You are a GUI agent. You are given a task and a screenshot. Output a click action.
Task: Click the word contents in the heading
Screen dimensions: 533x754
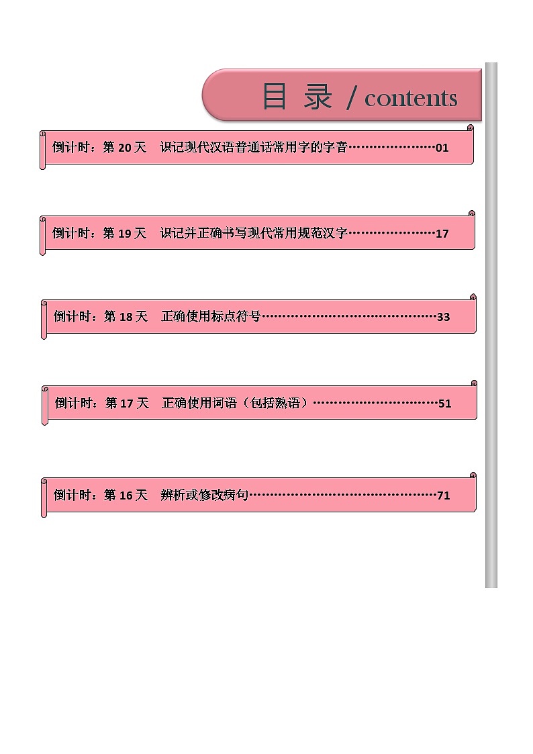click(411, 99)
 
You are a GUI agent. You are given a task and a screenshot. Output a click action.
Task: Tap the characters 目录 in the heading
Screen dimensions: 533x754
click(297, 97)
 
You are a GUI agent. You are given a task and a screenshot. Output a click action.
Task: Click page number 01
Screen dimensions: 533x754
click(442, 148)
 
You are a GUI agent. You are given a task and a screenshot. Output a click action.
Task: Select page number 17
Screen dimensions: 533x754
click(442, 234)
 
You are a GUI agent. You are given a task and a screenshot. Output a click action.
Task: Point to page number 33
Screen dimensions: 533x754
click(443, 317)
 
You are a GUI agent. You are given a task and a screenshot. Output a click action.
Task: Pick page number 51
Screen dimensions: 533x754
click(444, 404)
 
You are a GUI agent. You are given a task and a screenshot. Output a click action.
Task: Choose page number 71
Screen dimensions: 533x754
click(443, 496)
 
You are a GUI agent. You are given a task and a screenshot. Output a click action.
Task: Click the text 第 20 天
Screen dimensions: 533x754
click(124, 148)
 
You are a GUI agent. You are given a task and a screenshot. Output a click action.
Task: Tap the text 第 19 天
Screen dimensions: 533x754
click(124, 234)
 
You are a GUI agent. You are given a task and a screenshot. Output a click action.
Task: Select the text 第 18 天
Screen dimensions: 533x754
click(126, 317)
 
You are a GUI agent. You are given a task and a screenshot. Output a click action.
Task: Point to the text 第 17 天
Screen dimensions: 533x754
click(127, 404)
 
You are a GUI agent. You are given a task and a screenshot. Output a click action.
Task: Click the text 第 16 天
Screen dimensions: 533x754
click(126, 496)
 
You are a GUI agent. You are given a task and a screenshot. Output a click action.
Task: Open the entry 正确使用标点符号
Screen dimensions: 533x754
click(211, 317)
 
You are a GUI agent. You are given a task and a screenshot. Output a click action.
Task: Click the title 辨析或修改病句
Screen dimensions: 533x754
click(205, 496)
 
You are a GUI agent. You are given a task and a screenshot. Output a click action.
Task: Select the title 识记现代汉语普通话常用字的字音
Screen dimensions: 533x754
click(254, 148)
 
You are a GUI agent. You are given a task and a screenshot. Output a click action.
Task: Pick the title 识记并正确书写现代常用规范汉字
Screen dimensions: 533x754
click(254, 234)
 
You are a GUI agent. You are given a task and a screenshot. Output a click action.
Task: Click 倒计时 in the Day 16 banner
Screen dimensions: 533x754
click(72, 496)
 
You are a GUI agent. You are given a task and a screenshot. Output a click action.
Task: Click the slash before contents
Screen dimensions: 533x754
click(351, 99)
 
